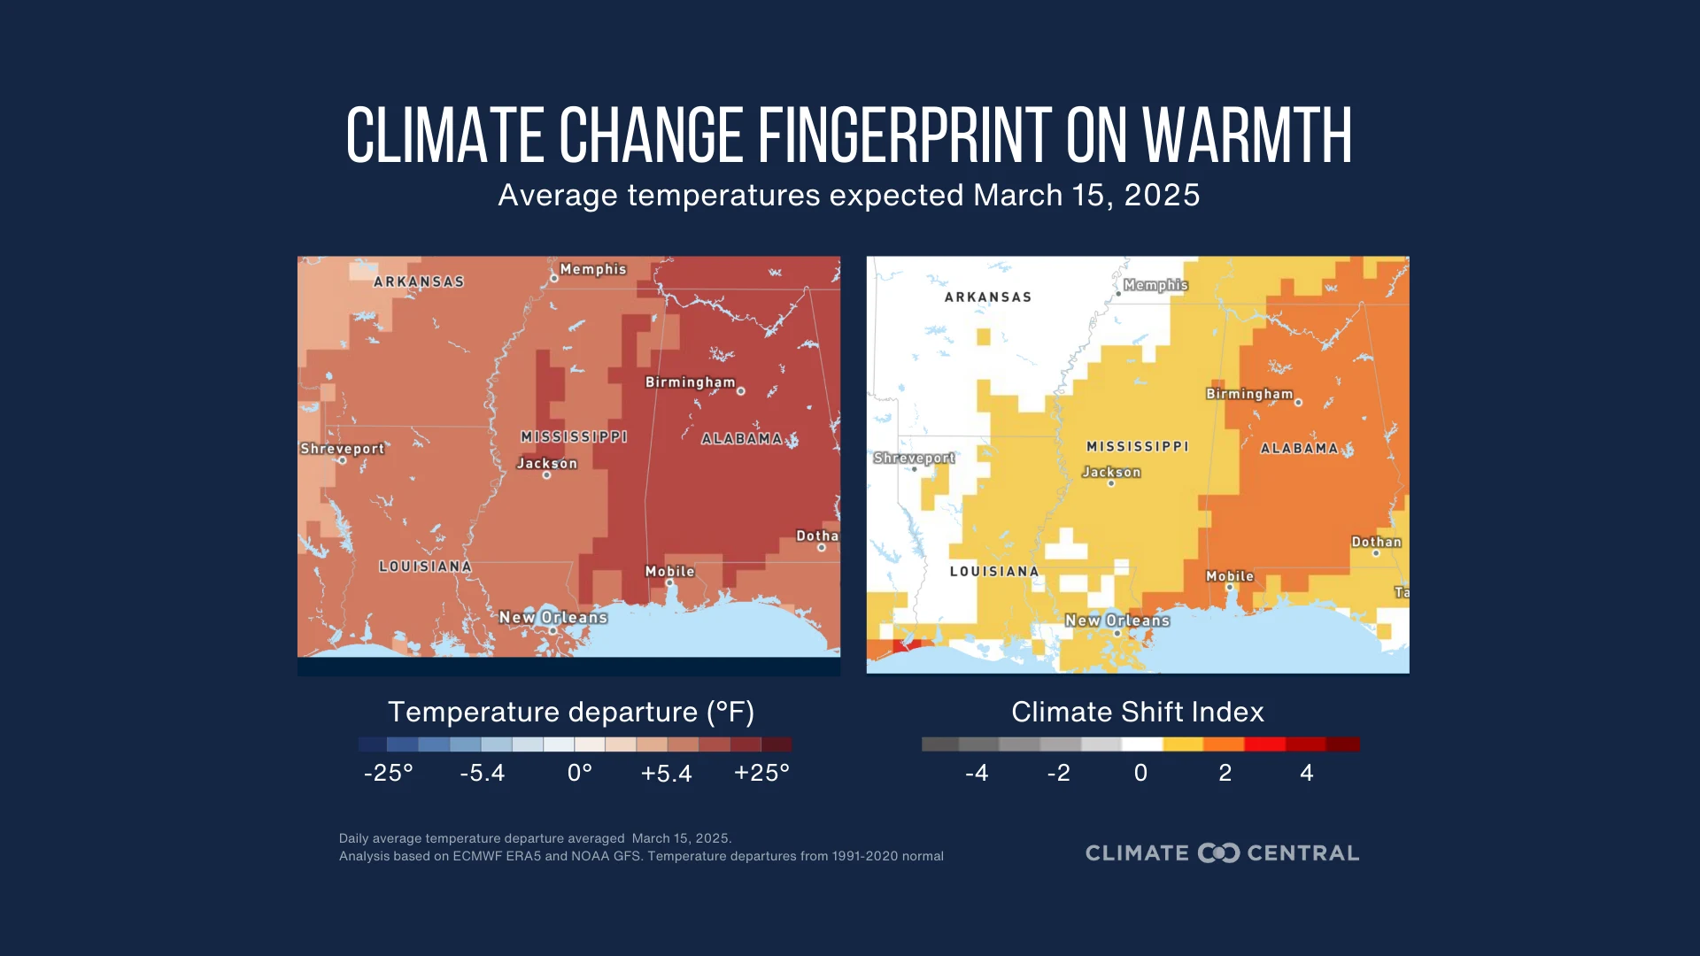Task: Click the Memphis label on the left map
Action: point(592,269)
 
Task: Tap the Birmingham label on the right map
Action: point(1249,394)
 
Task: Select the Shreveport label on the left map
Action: point(342,449)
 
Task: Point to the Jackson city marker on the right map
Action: point(1111,483)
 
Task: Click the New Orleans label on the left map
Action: point(552,617)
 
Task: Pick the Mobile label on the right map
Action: point(1230,576)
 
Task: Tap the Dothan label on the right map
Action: point(1376,542)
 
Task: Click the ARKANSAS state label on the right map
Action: point(988,297)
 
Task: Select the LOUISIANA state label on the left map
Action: point(425,567)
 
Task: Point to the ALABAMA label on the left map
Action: point(742,439)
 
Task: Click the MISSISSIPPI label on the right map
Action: point(1138,447)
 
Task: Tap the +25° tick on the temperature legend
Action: point(761,773)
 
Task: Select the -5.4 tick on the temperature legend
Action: point(483,773)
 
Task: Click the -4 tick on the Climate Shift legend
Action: point(977,773)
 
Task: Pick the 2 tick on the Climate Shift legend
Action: point(1225,773)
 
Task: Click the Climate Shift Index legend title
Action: point(1138,712)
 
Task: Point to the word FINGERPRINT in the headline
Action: point(904,136)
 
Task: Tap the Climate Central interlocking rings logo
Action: point(1218,853)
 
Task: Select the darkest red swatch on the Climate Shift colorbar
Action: point(1342,744)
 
